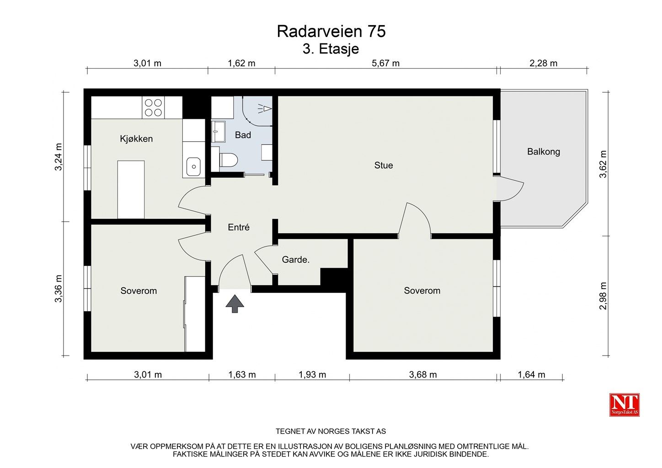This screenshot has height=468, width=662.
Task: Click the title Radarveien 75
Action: (x=331, y=32)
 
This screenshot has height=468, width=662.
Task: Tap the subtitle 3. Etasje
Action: (x=331, y=49)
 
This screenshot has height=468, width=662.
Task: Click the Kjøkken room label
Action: (x=136, y=138)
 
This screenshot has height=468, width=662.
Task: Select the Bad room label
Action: (x=243, y=135)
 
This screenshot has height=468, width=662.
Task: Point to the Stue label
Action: (x=384, y=165)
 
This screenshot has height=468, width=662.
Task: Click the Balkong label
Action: (x=544, y=152)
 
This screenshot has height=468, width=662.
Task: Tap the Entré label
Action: (x=239, y=227)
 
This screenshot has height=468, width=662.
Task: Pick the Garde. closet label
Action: (x=295, y=260)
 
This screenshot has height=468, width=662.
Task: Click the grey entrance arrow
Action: (x=235, y=304)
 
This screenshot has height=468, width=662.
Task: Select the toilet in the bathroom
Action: (x=229, y=160)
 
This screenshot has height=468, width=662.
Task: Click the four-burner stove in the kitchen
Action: (x=153, y=107)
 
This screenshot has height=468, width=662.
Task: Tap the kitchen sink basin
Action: (x=193, y=167)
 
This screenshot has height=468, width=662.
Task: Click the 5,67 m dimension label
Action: (x=385, y=63)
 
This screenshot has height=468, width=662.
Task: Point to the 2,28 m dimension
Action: (x=543, y=63)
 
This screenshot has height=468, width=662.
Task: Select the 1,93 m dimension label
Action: (x=312, y=375)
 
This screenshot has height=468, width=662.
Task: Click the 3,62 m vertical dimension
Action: (x=603, y=164)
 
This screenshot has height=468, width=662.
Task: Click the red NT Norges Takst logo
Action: (x=624, y=405)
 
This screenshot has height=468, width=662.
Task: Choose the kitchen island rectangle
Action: (x=131, y=190)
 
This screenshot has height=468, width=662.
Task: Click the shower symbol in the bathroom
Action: (x=265, y=109)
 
